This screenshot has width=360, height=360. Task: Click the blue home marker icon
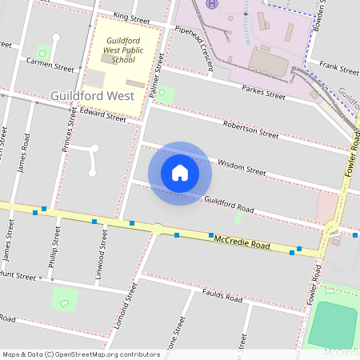coord(180,172)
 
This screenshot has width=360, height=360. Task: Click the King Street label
coord(132,17)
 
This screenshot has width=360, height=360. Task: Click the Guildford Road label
coord(229,205)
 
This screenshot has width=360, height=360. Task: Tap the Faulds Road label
coord(222,295)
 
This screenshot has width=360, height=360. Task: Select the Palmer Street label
coord(156,76)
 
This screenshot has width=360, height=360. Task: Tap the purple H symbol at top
coord(212,3)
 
